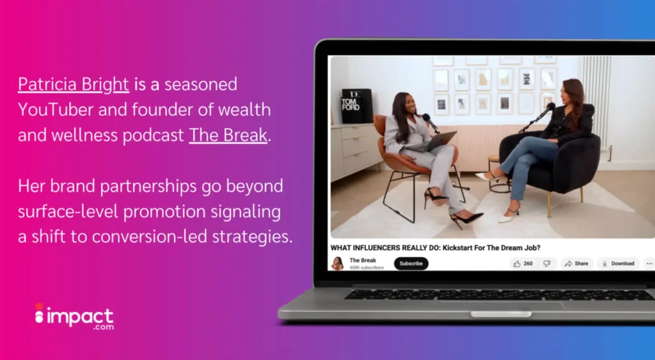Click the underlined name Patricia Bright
pyautogui.click(x=74, y=84)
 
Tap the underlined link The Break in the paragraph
pyautogui.click(x=228, y=135)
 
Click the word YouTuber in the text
pyautogui.click(x=56, y=109)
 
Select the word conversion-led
pyautogui.click(x=150, y=237)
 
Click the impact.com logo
pyautogui.click(x=74, y=317)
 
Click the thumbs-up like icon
pyautogui.click(x=517, y=263)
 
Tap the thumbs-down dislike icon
pyautogui.click(x=547, y=263)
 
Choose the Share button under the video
pyautogui.click(x=576, y=263)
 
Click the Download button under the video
pyautogui.click(x=618, y=263)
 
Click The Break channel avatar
pyautogui.click(x=337, y=263)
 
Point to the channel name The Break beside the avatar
pyautogui.click(x=363, y=260)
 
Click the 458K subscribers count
pyautogui.click(x=367, y=268)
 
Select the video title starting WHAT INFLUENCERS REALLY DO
pyautogui.click(x=435, y=247)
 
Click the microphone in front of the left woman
pyautogui.click(x=430, y=122)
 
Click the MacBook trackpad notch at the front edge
pyautogui.click(x=501, y=314)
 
